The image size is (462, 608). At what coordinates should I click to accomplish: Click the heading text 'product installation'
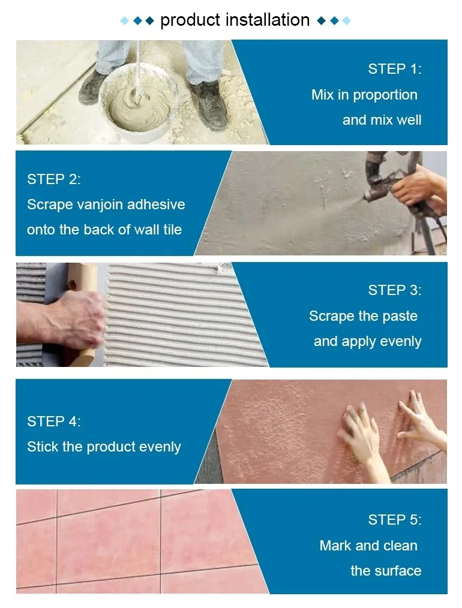pyautogui.click(x=235, y=20)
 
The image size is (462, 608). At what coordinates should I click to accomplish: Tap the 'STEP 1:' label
pyautogui.click(x=394, y=69)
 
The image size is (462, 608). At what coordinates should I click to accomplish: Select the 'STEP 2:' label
pyautogui.click(x=53, y=179)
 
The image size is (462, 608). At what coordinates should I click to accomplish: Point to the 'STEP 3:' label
pyautogui.click(x=394, y=290)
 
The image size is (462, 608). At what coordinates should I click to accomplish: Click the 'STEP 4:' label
pyautogui.click(x=53, y=422)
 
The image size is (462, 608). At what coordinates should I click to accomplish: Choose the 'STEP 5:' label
pyautogui.click(x=394, y=520)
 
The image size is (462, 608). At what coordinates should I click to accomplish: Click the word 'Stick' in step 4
pyautogui.click(x=41, y=447)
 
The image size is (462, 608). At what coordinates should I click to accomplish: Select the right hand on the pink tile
pyautogui.click(x=420, y=420)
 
